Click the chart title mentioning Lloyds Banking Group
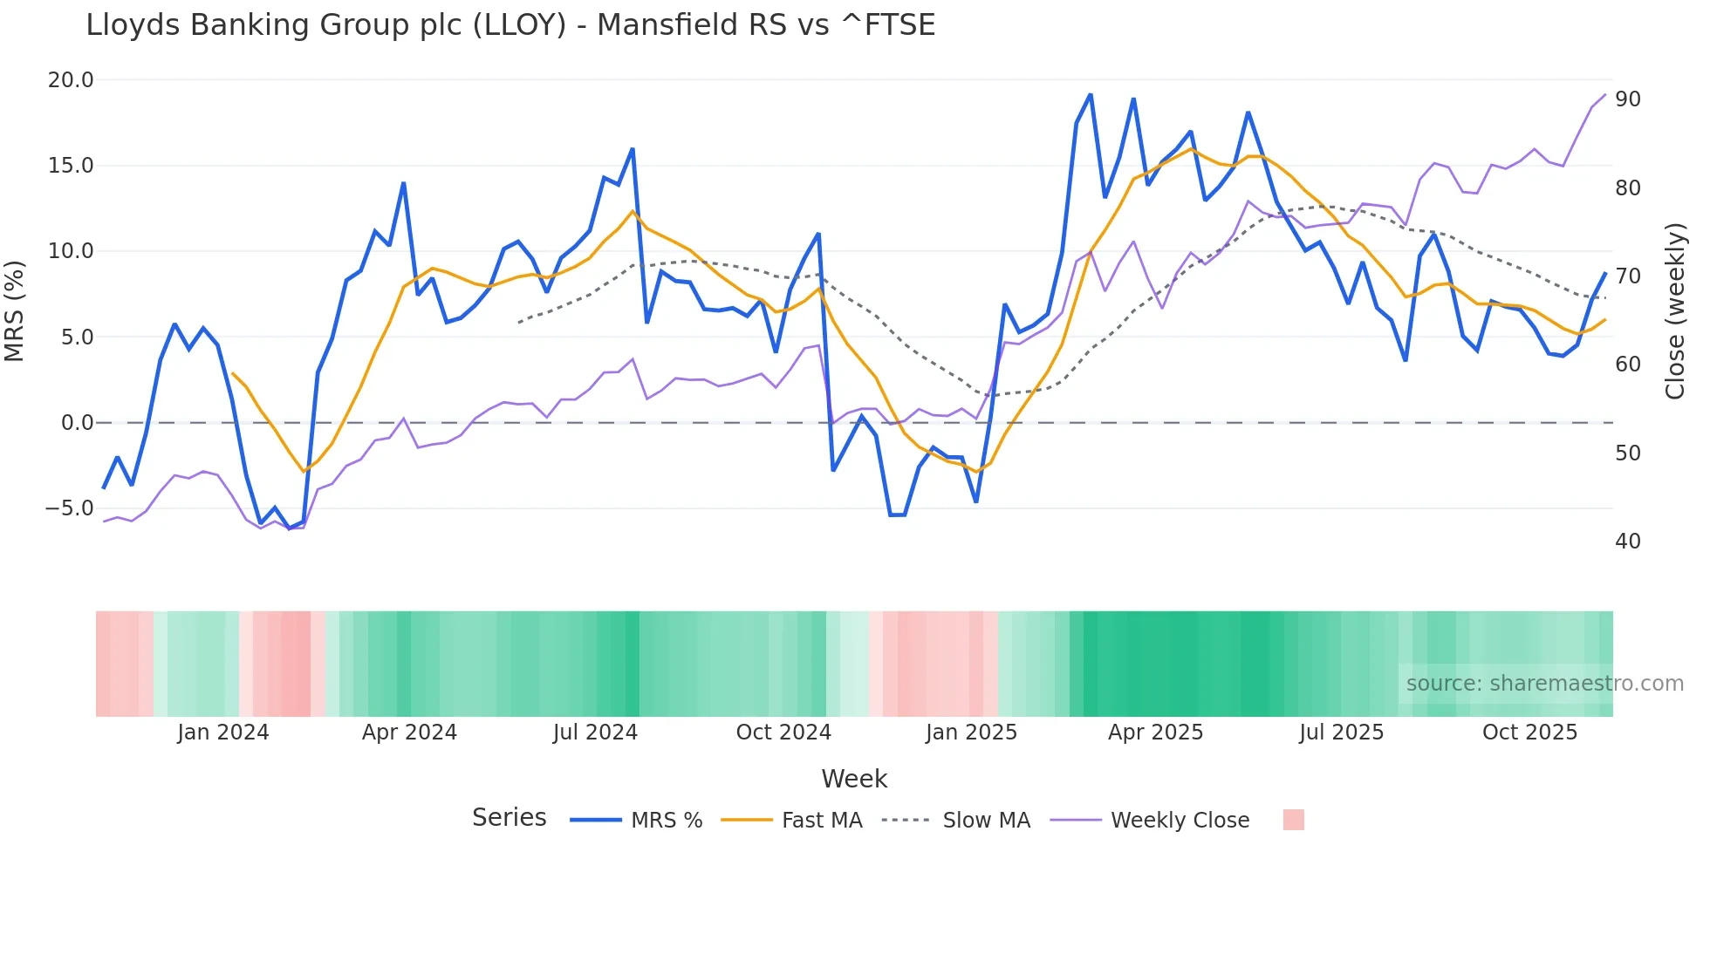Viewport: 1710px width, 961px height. tap(510, 25)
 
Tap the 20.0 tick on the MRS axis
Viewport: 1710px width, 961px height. tap(71, 80)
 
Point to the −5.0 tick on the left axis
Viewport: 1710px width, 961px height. tap(69, 508)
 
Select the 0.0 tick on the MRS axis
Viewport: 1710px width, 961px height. tap(77, 423)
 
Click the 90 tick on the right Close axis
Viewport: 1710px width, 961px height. tap(1628, 99)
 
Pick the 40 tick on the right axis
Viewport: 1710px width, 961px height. tap(1628, 542)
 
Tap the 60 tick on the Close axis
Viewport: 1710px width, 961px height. tap(1628, 365)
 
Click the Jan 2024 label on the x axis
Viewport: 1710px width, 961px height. tap(222, 733)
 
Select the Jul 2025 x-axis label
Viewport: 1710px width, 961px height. tap(1341, 733)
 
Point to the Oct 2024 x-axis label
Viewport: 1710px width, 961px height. tap(783, 733)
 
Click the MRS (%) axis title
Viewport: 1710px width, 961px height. tap(15, 310)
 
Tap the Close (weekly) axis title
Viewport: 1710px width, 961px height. tap(1675, 311)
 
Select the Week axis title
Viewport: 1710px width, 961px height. tap(854, 779)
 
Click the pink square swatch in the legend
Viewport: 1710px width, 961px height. tap(1294, 820)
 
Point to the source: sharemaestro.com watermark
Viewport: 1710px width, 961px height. tap(1544, 684)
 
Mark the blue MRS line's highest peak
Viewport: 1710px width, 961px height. tap(1091, 94)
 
